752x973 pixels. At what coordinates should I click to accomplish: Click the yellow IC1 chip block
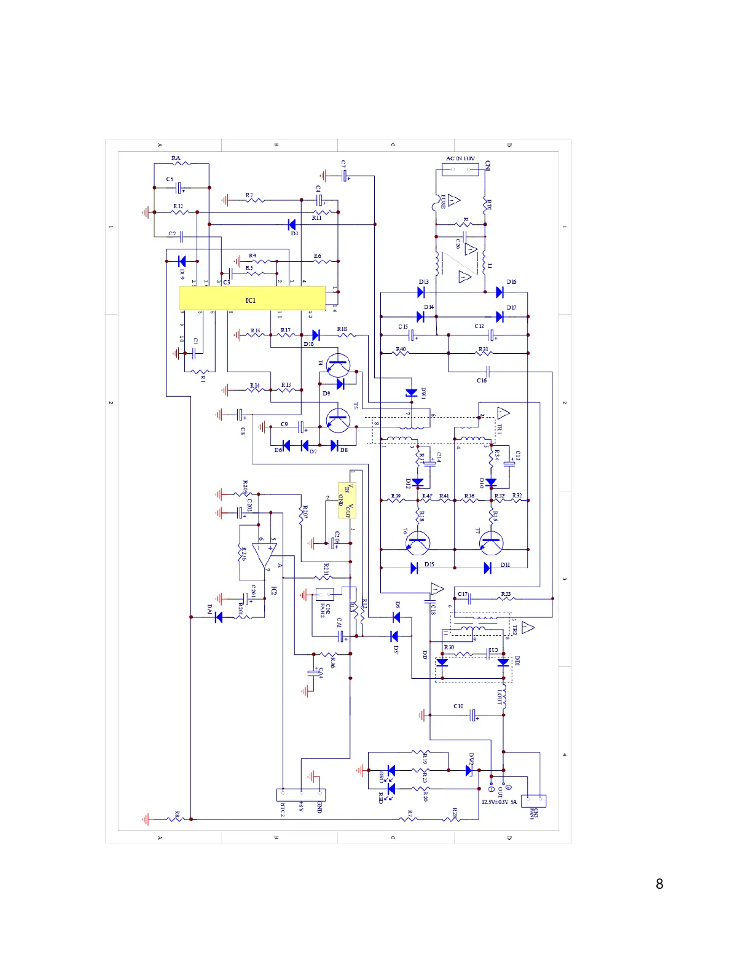click(252, 299)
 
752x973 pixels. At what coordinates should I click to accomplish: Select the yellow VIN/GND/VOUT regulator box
click(347, 500)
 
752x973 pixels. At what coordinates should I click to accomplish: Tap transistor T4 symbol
click(337, 365)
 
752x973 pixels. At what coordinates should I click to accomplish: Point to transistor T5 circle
click(337, 420)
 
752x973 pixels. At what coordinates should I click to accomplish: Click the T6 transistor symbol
click(418, 543)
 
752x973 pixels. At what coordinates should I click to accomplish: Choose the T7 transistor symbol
click(492, 543)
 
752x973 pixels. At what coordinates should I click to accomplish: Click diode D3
click(292, 225)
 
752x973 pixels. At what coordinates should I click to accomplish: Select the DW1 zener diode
click(412, 393)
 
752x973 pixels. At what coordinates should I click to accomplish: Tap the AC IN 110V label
click(460, 158)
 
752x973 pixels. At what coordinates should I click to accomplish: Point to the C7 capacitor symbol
click(345, 176)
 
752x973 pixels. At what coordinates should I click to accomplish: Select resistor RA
click(180, 163)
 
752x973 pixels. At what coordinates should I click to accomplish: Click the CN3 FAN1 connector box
click(533, 801)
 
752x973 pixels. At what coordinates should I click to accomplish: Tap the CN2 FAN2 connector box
click(324, 594)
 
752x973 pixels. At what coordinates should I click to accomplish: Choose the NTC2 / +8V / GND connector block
click(301, 795)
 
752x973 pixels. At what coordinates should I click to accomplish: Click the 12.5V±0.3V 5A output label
click(499, 802)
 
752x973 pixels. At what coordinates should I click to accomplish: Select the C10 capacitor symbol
click(473, 715)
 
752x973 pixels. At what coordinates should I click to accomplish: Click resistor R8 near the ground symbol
click(177, 819)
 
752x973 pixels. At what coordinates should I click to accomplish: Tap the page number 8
click(659, 884)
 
